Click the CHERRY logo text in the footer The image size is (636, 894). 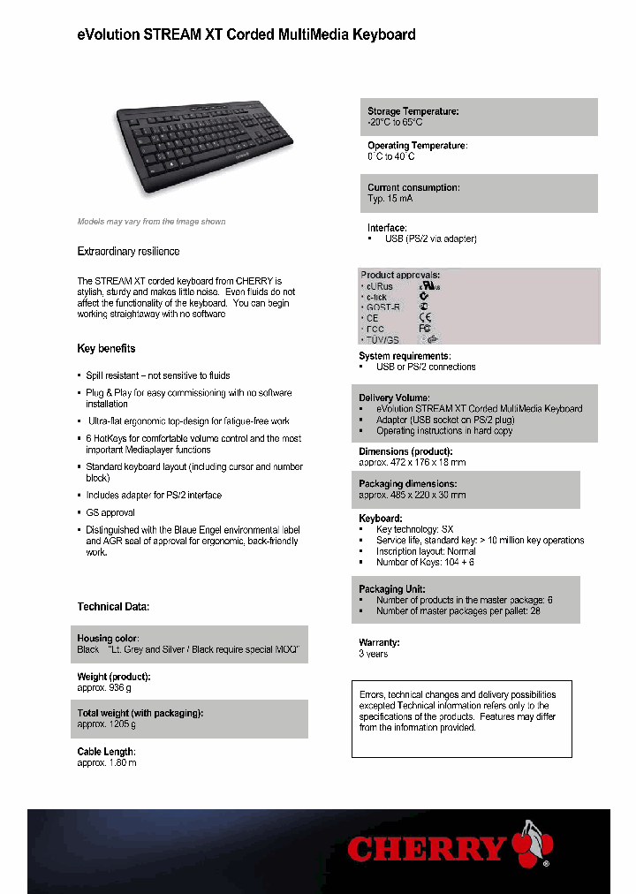[x=427, y=849]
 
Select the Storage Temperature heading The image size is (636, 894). [x=413, y=111]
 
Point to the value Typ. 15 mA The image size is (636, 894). [x=390, y=199]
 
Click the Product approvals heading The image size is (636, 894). [x=400, y=275]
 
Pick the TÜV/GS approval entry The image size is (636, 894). [x=382, y=339]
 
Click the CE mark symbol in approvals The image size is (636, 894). [x=425, y=317]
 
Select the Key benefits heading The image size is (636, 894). [x=106, y=349]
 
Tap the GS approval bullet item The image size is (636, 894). [x=110, y=512]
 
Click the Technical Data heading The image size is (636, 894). [x=113, y=607]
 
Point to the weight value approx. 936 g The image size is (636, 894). [x=104, y=687]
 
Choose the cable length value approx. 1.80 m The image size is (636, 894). [x=107, y=762]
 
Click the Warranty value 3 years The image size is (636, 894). [x=373, y=654]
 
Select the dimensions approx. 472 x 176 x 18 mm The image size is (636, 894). [x=412, y=462]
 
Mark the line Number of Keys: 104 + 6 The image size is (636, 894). [x=424, y=562]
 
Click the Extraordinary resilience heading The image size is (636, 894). [x=128, y=252]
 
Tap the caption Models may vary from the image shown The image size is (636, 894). [x=151, y=222]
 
